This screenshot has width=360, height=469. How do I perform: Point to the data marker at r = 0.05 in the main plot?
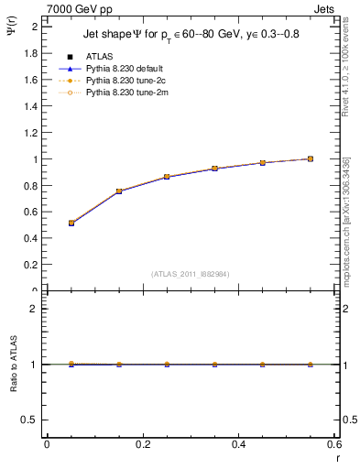click(x=71, y=223)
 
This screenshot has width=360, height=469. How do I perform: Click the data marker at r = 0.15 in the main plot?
click(x=119, y=191)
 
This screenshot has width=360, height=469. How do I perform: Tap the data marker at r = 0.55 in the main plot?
click(x=311, y=158)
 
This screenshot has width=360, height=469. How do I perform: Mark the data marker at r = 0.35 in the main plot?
click(x=214, y=169)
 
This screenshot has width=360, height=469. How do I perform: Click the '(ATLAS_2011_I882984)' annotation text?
click(x=191, y=275)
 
